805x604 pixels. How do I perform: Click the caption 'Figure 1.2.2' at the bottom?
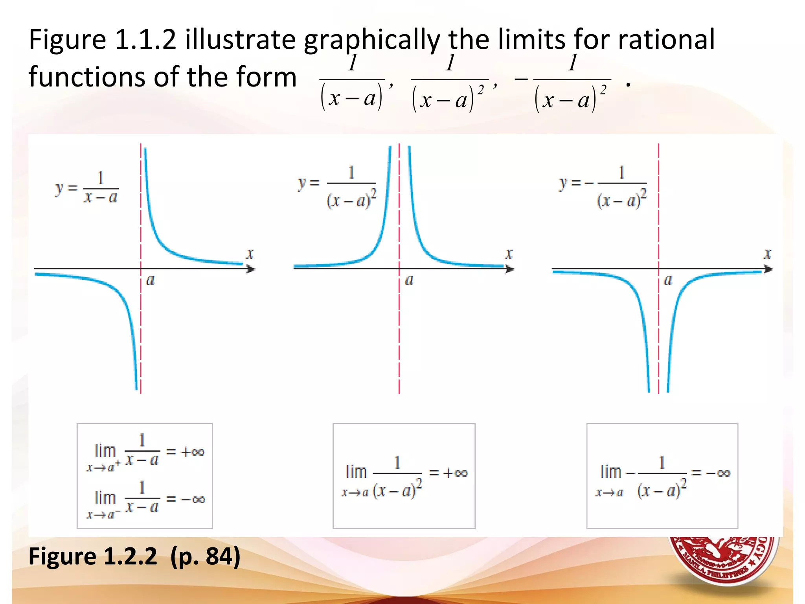(93, 556)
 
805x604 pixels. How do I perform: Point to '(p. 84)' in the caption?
(205, 556)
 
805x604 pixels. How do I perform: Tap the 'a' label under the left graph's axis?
(151, 280)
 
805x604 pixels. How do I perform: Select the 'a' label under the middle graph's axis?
(409, 280)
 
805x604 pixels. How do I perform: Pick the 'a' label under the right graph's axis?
(668, 280)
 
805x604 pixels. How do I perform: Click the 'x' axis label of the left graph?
(250, 254)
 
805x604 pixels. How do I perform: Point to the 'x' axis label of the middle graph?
(509, 254)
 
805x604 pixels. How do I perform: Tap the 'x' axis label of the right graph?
(768, 254)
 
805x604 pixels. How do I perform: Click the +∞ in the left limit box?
(193, 452)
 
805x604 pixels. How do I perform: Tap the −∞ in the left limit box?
(193, 499)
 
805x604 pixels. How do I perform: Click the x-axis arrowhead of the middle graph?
(509, 269)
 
